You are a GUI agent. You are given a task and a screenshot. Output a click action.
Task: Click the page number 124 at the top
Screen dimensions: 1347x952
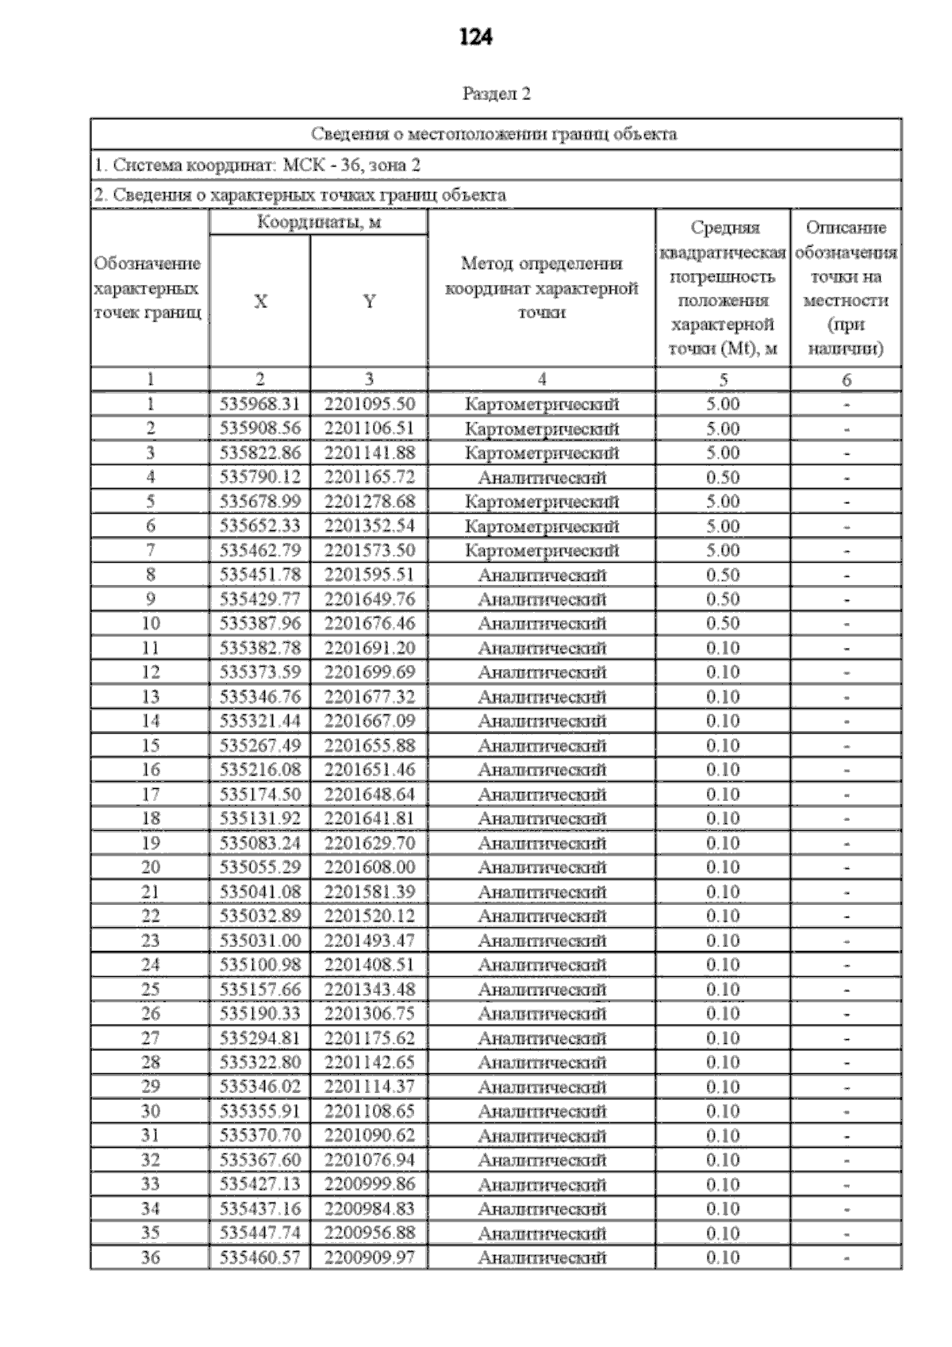point(475,37)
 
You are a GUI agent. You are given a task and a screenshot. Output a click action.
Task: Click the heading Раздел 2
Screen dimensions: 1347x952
point(496,94)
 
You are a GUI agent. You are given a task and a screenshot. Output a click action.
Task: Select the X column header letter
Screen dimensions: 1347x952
point(259,302)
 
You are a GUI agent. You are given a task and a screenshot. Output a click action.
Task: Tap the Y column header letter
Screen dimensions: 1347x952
point(369,302)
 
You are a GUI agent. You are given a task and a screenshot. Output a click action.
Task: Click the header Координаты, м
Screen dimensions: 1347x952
point(318,222)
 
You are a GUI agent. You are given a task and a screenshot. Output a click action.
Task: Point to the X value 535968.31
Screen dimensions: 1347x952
point(259,404)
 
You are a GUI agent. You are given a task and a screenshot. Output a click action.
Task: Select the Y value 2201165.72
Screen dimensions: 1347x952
point(369,477)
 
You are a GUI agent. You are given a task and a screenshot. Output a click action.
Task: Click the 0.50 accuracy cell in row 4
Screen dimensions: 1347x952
point(722,477)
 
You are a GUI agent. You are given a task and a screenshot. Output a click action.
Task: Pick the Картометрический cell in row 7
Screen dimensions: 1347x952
point(541,550)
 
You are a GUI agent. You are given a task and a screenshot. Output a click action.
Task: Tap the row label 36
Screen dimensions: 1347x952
point(150,1257)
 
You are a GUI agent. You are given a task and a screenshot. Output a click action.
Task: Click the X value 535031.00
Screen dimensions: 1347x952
point(259,941)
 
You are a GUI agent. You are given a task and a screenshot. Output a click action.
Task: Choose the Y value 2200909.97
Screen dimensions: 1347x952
point(369,1257)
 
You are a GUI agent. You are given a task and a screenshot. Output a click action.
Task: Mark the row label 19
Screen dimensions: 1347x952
point(150,843)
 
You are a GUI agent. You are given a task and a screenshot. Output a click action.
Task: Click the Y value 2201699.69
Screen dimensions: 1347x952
point(369,672)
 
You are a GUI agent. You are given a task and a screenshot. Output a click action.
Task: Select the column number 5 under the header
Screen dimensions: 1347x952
point(722,379)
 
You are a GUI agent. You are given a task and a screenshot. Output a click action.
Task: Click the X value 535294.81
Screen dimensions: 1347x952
point(259,1038)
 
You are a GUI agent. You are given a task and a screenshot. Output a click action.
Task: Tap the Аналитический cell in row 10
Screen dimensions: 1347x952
point(541,623)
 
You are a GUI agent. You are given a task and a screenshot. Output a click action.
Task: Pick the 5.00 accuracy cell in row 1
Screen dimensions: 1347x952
point(722,404)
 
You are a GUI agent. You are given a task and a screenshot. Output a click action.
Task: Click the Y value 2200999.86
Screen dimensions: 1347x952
point(369,1184)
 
